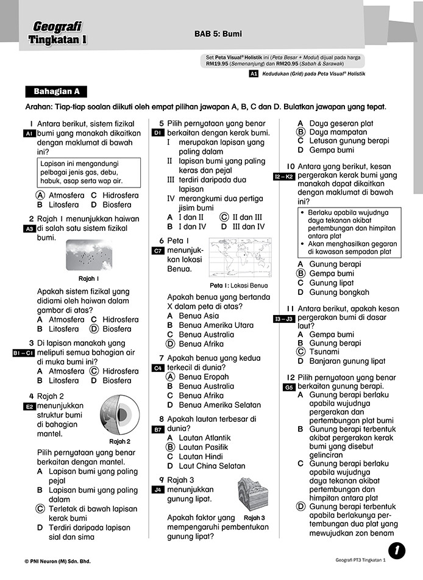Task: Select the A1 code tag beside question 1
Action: [29, 134]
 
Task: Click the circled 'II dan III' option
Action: [247, 217]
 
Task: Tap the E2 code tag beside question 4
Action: [29, 407]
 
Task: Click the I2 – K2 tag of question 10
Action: [284, 176]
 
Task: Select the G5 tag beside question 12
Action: [290, 387]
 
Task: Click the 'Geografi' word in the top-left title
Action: [57, 26]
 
